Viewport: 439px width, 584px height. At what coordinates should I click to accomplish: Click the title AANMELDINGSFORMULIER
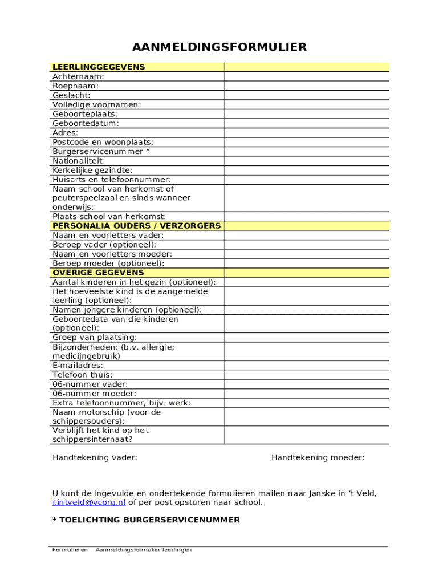click(x=219, y=47)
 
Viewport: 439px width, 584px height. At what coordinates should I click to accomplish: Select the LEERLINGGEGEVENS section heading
click(x=99, y=67)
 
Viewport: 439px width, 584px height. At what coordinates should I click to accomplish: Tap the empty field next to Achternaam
click(x=307, y=76)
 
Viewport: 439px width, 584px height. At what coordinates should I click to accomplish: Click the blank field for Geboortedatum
click(x=307, y=123)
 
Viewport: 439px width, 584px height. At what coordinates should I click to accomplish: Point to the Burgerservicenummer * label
click(x=101, y=152)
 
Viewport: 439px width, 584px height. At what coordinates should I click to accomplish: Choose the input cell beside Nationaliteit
click(x=307, y=161)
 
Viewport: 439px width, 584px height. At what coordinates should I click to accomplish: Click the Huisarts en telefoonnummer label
click(x=111, y=180)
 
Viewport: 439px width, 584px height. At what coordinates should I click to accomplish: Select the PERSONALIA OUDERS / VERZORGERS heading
click(x=136, y=226)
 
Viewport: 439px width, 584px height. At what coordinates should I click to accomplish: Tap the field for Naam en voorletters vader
click(x=307, y=235)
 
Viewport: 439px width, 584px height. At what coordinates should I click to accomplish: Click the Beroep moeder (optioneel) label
click(x=108, y=263)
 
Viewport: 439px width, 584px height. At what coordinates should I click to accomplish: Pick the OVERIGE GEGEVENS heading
click(x=98, y=273)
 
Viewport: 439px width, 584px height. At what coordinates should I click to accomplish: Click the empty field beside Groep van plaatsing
click(x=307, y=338)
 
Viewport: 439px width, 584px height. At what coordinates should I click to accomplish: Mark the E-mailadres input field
click(x=307, y=366)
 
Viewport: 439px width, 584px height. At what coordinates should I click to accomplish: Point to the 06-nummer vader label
click(x=90, y=384)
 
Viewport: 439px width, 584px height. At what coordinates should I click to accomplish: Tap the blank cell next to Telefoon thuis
click(x=307, y=375)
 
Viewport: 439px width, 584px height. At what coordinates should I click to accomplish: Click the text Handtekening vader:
click(x=95, y=457)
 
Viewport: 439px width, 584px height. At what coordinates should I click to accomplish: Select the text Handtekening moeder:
click(x=318, y=457)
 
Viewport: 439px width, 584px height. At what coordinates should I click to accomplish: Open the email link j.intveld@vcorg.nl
click(x=89, y=502)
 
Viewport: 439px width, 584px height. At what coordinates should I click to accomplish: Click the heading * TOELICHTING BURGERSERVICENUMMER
click(x=146, y=520)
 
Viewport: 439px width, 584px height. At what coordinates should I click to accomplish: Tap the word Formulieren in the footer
click(x=70, y=550)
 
